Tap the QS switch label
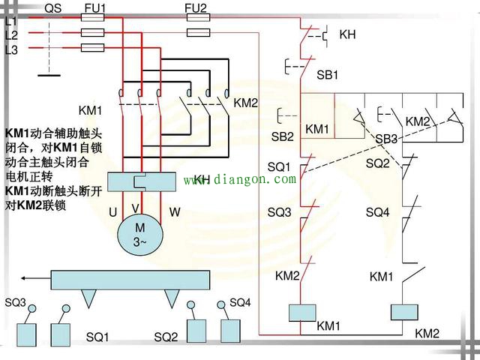(53, 8)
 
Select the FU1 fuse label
(95, 8)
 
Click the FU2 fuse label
(196, 8)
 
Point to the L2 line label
(11, 35)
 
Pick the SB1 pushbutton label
(328, 75)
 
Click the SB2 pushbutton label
(282, 136)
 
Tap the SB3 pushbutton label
(386, 139)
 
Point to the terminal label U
(112, 212)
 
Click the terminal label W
(175, 212)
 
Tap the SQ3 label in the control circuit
(279, 212)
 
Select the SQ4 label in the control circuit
(377, 212)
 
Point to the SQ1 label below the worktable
(97, 337)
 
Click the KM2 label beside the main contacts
(245, 103)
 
